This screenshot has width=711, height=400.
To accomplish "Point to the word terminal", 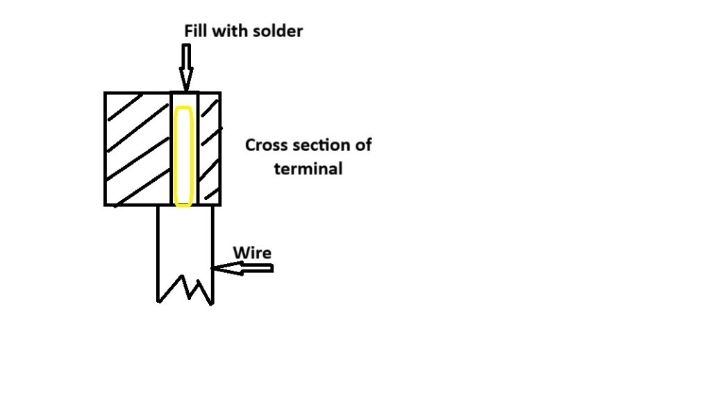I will (x=308, y=168).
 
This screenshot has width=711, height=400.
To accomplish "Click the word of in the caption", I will (x=363, y=145).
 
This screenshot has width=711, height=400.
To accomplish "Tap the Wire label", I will (x=251, y=252).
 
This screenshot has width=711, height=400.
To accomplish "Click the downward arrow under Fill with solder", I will (x=185, y=64).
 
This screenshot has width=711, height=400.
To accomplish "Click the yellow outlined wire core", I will (x=183, y=156).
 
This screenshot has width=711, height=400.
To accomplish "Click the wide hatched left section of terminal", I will (x=137, y=149).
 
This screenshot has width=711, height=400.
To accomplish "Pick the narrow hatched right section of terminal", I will (x=210, y=149).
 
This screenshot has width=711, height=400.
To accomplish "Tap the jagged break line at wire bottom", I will (x=185, y=290).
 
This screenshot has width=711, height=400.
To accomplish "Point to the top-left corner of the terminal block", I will (x=106, y=93).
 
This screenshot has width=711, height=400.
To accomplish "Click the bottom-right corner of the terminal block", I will (x=220, y=204).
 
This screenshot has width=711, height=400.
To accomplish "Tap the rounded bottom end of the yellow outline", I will (x=183, y=206).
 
